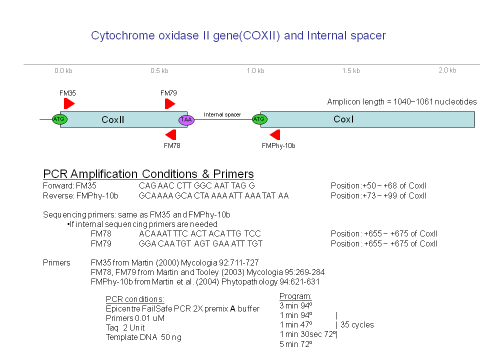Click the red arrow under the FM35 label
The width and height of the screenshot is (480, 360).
68,103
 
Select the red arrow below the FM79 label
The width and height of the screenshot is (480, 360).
170,103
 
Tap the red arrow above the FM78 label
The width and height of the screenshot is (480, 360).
171,134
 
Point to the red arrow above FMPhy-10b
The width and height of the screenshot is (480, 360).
275,134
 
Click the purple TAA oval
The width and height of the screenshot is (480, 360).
186,119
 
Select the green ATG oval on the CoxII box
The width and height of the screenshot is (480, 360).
59,119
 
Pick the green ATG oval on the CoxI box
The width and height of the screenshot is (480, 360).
259,119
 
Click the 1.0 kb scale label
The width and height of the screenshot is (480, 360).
255,71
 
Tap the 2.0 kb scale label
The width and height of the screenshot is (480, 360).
447,70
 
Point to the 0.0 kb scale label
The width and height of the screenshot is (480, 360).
63,71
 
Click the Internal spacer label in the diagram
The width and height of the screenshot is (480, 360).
222,115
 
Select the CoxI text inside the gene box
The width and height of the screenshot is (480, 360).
343,119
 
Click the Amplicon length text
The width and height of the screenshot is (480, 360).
401,102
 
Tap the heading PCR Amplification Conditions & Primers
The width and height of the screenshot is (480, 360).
148,174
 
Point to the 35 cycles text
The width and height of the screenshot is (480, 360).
357,324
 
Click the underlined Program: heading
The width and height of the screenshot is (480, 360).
295,296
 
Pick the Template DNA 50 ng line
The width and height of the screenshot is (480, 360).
143,337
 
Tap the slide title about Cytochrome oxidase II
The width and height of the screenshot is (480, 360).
238,36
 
